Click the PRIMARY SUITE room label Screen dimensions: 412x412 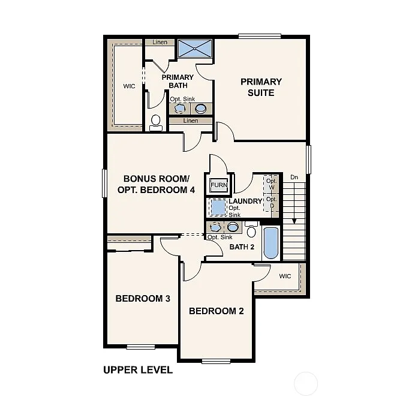pyautogui.click(x=261, y=87)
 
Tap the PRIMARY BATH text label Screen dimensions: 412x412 pyautogui.click(x=178, y=81)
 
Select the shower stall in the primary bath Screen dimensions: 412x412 pyautogui.click(x=195, y=49)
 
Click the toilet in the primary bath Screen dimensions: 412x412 pyautogui.click(x=156, y=122)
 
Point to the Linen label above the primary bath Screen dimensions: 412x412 pyautogui.click(x=160, y=43)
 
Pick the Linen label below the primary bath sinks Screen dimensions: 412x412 pyautogui.click(x=190, y=121)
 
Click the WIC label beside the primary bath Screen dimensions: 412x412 pyautogui.click(x=129, y=86)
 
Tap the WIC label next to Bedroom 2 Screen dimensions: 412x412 pyautogui.click(x=285, y=276)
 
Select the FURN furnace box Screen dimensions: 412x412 pyautogui.click(x=219, y=185)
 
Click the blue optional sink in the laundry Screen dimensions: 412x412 pyautogui.click(x=218, y=207)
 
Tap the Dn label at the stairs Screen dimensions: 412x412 pyautogui.click(x=294, y=177)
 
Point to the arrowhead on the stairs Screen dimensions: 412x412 pyautogui.click(x=294, y=221)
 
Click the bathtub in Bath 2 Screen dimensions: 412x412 pyautogui.click(x=271, y=243)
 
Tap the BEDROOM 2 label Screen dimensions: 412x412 pyautogui.click(x=216, y=311)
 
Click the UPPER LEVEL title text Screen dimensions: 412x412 pyautogui.click(x=138, y=370)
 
